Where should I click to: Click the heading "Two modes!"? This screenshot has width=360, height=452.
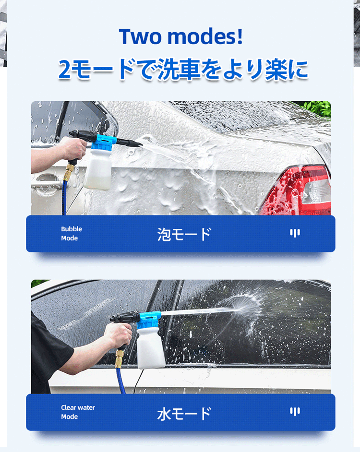point(180,36)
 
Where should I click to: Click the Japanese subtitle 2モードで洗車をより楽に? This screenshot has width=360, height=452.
point(183,69)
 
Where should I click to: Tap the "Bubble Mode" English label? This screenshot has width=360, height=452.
point(71,234)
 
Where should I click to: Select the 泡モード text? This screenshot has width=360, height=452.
point(184,234)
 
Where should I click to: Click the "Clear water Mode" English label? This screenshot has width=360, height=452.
point(78,412)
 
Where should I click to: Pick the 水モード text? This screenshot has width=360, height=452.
point(184,413)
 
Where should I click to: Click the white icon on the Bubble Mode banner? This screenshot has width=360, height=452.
point(295,233)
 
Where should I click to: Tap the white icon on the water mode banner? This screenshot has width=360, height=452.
point(295,411)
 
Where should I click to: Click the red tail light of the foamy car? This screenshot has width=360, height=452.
point(297,190)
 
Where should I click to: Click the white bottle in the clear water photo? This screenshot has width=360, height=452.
point(151,348)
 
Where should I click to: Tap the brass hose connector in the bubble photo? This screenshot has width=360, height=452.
point(69,172)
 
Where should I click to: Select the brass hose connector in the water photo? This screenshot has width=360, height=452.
point(120,359)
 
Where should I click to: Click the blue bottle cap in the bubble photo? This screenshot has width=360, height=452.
point(103,142)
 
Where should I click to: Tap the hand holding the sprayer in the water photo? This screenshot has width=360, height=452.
point(118,335)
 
